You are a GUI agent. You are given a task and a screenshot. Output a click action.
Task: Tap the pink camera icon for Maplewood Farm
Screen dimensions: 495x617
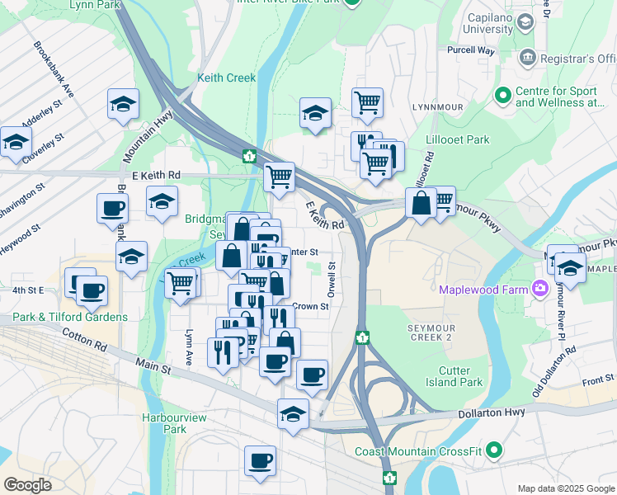click(x=540, y=289)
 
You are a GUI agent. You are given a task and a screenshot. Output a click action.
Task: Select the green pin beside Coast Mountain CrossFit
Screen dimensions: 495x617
click(x=494, y=450)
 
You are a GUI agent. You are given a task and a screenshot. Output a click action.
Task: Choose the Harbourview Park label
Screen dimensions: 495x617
click(x=163, y=423)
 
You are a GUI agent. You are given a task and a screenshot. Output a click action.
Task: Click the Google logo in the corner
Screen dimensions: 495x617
click(x=27, y=485)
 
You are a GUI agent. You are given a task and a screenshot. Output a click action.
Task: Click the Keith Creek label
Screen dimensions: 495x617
click(x=227, y=78)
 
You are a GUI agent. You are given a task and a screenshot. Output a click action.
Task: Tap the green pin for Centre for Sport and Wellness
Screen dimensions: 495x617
click(x=502, y=96)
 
